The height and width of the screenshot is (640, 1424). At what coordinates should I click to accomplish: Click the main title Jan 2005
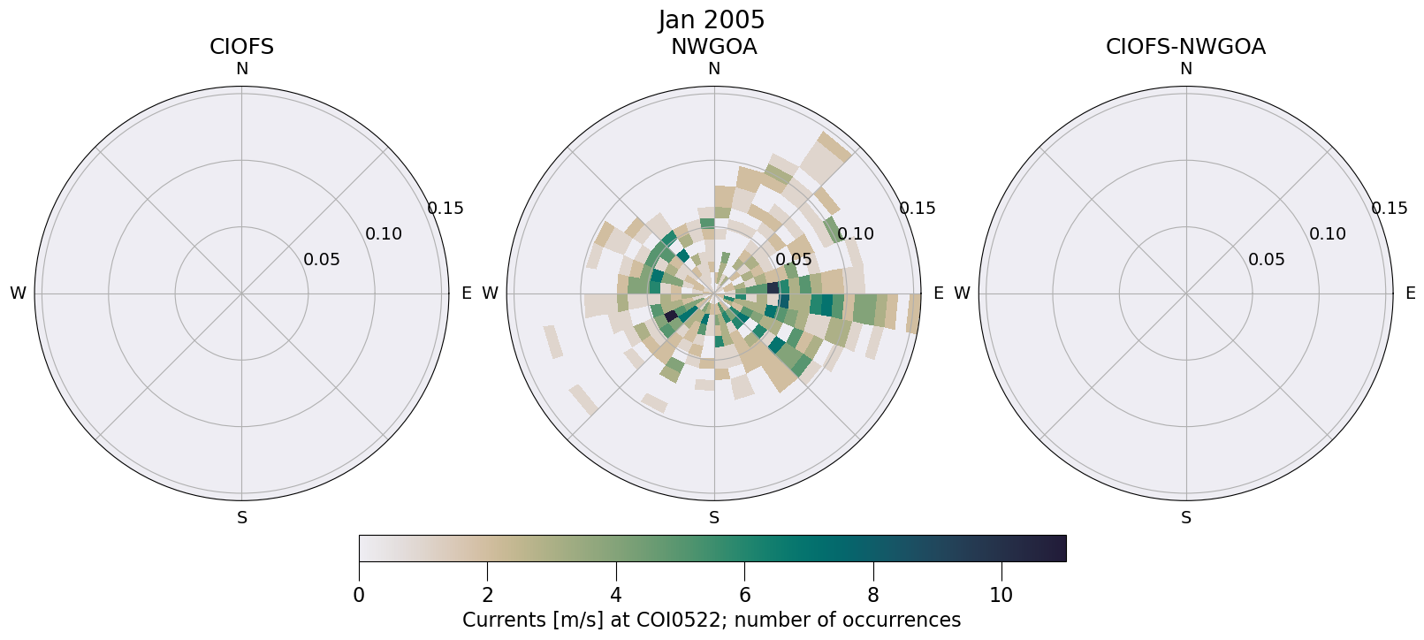click(712, 19)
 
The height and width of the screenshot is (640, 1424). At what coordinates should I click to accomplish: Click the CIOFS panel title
click(241, 47)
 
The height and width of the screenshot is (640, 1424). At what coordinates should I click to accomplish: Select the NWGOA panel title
click(713, 47)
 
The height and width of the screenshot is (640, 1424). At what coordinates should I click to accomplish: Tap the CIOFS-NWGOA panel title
click(1185, 47)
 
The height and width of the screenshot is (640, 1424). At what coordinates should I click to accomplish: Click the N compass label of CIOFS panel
click(241, 69)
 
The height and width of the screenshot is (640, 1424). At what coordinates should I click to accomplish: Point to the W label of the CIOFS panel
click(18, 293)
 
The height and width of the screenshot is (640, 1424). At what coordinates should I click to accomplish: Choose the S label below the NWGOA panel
click(714, 518)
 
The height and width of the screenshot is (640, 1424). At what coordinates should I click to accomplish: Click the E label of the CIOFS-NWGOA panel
click(1410, 293)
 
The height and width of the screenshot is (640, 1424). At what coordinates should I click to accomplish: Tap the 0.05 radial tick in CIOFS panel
click(321, 260)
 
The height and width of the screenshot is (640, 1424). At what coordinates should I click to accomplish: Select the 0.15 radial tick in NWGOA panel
click(917, 209)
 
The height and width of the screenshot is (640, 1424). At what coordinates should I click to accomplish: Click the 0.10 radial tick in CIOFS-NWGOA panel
click(1328, 234)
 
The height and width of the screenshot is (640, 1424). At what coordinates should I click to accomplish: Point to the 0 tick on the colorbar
click(359, 595)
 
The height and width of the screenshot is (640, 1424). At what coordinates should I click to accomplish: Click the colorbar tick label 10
click(1001, 595)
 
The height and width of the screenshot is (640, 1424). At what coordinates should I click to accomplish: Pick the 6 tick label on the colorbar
click(744, 595)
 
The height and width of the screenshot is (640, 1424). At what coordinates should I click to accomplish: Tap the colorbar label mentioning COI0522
click(712, 620)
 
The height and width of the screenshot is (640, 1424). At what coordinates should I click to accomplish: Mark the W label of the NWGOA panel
click(490, 293)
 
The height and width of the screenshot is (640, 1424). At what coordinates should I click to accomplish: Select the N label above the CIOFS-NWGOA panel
click(1186, 69)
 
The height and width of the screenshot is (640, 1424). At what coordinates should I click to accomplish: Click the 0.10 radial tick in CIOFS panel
click(384, 234)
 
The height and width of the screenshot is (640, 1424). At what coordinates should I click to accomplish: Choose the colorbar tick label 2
click(487, 595)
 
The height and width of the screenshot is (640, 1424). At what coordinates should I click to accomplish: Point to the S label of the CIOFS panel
click(242, 518)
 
